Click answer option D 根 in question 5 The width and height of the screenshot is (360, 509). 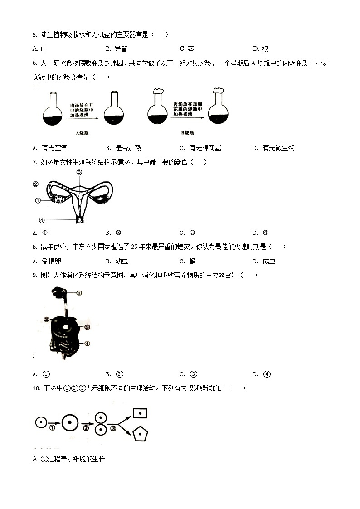(261, 49)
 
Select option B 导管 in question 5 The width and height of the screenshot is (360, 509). (116, 49)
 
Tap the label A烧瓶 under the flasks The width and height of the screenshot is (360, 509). (83, 133)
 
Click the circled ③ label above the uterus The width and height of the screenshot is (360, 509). (79, 172)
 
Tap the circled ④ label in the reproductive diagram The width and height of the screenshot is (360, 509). (42, 221)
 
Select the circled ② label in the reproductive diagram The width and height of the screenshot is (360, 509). (35, 184)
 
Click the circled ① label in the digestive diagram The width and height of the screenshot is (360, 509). (79, 293)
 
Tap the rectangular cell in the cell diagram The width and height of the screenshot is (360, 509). (140, 413)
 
